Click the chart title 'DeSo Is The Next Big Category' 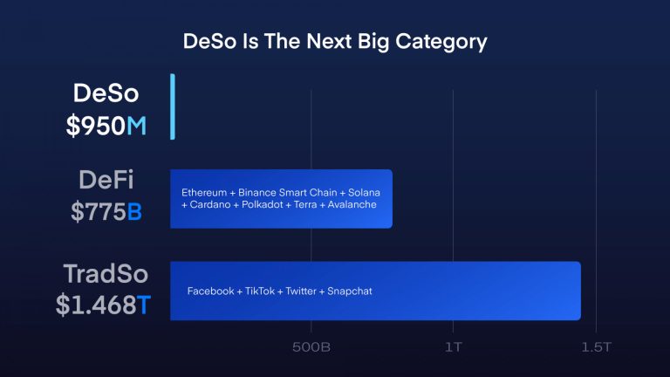[335, 41]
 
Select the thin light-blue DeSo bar [173, 106]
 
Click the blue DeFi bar [281, 199]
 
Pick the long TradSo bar [375, 291]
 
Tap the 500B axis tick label [311, 346]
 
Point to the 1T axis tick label [452, 346]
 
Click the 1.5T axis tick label [596, 346]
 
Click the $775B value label [106, 212]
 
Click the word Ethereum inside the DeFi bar [203, 192]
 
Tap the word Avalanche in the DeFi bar [352, 204]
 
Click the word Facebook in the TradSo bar [210, 291]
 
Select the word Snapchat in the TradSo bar [350, 291]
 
